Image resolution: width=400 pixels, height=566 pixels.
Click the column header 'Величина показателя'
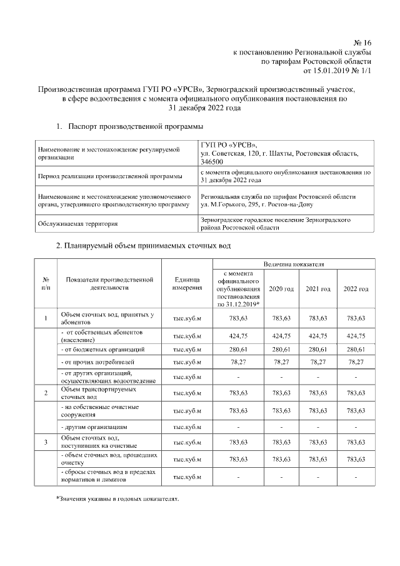293,264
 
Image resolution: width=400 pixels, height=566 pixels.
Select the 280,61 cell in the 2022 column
356,348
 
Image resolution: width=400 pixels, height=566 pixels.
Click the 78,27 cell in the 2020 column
281,361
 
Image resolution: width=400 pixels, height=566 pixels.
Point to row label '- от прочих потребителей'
97,362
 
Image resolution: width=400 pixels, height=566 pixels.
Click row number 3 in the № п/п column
46,442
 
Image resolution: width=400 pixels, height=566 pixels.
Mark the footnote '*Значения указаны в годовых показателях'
117,499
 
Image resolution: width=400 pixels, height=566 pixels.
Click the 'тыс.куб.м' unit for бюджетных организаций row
187,348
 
